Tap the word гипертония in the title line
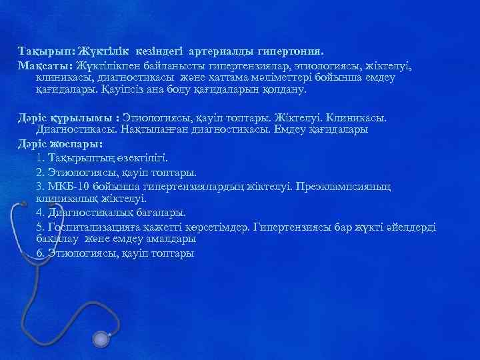pos(291,51)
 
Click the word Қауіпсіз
pos(124,89)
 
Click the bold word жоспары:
pos(71,143)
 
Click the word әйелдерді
pos(413,227)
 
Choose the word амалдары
pos(171,238)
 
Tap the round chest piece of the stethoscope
pos(101,341)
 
